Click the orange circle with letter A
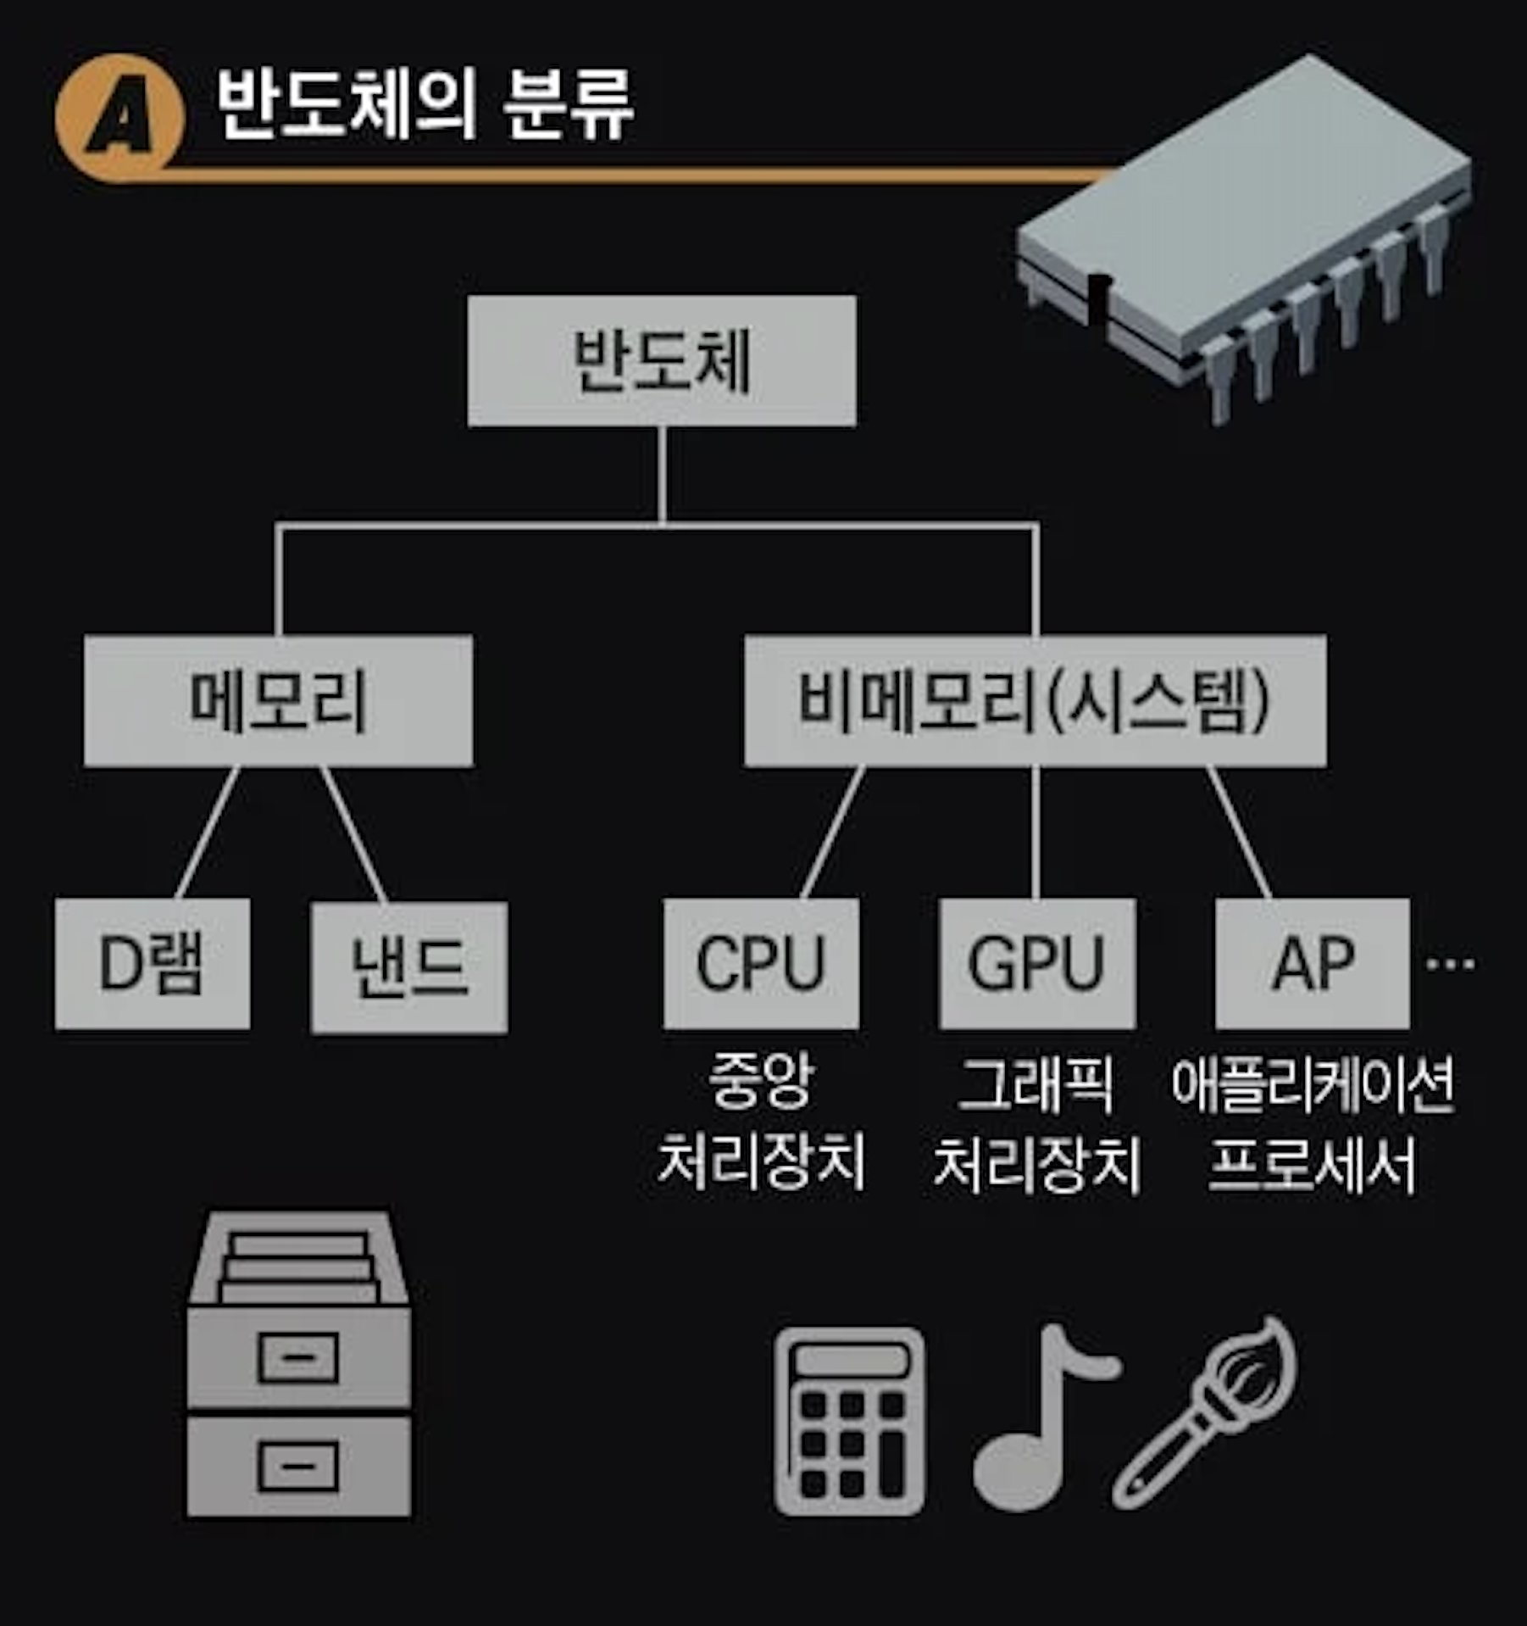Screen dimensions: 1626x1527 120,117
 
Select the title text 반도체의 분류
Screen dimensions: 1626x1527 424,105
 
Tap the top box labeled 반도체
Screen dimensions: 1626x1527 662,361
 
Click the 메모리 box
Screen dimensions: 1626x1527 278,701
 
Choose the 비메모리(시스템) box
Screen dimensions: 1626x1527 1035,701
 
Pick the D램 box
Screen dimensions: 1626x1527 153,964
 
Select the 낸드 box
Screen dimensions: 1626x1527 409,967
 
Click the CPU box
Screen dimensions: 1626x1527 761,964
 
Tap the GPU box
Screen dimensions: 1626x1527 1036,964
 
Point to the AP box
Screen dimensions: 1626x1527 1312,964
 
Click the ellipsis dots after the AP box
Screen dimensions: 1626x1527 1450,964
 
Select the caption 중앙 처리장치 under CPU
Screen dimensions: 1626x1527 761,1121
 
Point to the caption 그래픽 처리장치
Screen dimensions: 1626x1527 1036,1121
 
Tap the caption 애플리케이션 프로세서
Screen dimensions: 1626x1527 1312,1121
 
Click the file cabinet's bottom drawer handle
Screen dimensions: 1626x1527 298,1467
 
